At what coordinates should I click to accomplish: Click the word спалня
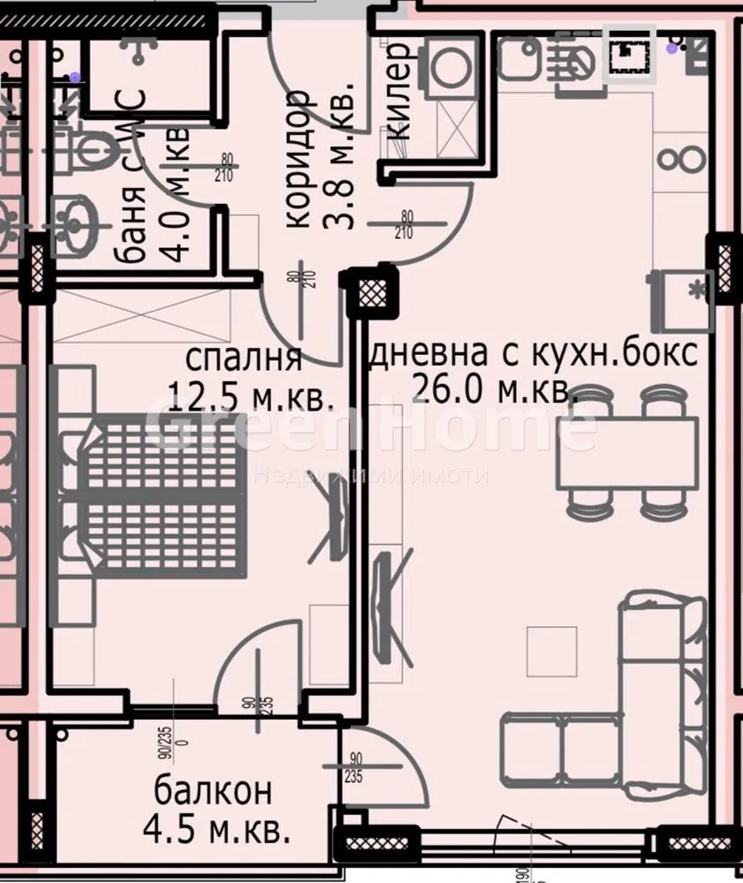tap(244, 359)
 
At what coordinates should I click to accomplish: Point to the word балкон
tap(212, 789)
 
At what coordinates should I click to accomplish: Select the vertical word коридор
tap(299, 159)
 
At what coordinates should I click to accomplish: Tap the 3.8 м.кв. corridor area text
tap(339, 159)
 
